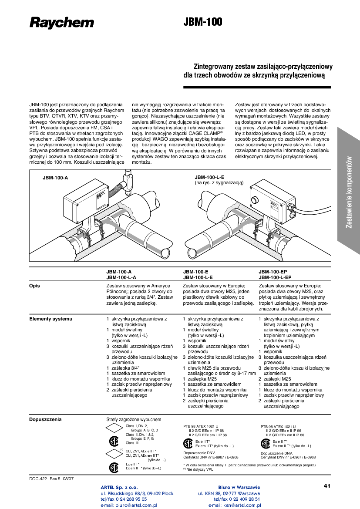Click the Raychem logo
click(61, 23)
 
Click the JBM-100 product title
click(203, 22)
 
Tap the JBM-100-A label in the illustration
click(55, 178)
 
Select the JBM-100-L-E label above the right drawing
click(209, 178)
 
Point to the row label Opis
click(34, 286)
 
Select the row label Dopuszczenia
click(45, 420)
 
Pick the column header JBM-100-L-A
click(121, 277)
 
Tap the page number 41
click(327, 485)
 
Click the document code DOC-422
click(38, 479)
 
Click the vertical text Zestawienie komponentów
click(349, 192)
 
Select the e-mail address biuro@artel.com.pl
click(129, 506)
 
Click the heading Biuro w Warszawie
click(239, 487)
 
